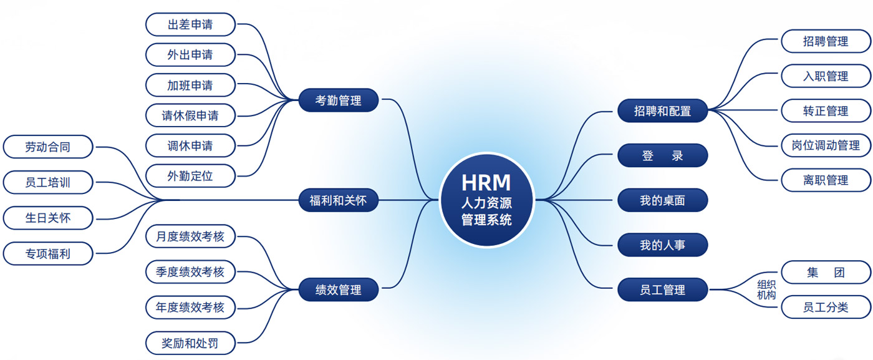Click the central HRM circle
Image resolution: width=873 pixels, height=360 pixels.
(486, 200)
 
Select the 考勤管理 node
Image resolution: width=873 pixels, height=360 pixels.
(339, 100)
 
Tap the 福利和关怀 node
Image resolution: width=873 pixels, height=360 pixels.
(339, 200)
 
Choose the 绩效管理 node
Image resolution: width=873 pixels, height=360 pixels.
(339, 290)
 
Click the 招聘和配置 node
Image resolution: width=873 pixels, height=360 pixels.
(662, 111)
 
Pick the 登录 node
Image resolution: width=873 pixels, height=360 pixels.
(662, 155)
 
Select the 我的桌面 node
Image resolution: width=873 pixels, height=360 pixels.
(662, 200)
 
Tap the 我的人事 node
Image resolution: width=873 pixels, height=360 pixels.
(662, 245)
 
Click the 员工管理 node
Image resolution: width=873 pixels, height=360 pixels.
(662, 290)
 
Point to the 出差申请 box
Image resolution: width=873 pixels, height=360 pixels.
(190, 25)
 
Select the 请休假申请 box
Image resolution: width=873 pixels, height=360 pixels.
(190, 115)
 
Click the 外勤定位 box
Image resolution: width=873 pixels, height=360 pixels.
(190, 176)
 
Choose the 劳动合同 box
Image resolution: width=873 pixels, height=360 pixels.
(48, 147)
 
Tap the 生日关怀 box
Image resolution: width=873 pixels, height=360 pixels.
(48, 218)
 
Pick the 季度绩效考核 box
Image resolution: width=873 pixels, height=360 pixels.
(190, 272)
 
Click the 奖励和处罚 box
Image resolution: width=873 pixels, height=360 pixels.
(190, 343)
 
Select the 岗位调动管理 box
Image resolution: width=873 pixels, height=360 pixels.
(826, 145)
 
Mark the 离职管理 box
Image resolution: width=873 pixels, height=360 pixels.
(826, 180)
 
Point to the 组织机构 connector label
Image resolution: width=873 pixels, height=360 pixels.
(766, 289)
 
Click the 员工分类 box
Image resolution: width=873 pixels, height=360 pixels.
(826, 307)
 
